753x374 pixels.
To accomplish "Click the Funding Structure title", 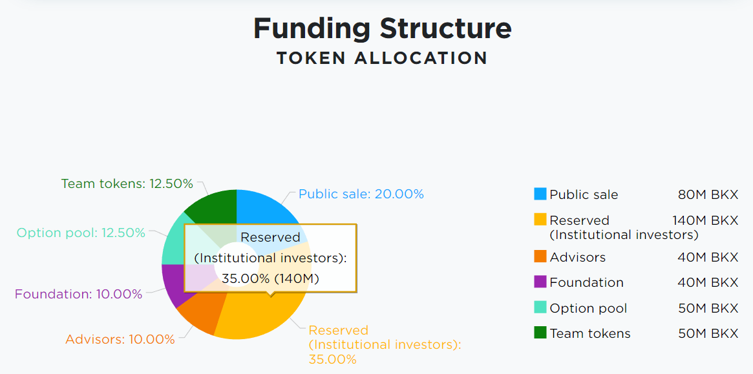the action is point(382,29).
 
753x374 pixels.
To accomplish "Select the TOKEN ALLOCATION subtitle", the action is point(382,58).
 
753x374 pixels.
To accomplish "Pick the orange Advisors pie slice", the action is point(202,315).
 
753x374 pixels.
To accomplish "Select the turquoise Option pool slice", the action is point(171,240).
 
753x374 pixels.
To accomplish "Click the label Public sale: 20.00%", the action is point(361,194).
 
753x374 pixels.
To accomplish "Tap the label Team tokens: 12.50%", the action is point(127,183).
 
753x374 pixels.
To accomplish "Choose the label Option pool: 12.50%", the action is point(81,233).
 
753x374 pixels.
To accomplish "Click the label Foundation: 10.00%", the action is point(78,294).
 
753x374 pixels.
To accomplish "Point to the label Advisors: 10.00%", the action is point(120,339).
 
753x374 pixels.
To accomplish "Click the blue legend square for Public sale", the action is point(540,194).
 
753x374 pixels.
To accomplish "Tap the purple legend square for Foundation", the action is point(540,282).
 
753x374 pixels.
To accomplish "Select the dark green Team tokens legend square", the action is point(540,332).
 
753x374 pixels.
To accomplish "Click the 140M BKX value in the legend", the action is point(705,220).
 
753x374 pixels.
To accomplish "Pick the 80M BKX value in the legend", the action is point(708,194).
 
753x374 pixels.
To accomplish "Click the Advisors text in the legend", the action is point(578,257).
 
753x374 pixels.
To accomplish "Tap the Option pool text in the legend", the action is point(588,308).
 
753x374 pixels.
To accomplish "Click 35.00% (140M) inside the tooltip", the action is point(270,278).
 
